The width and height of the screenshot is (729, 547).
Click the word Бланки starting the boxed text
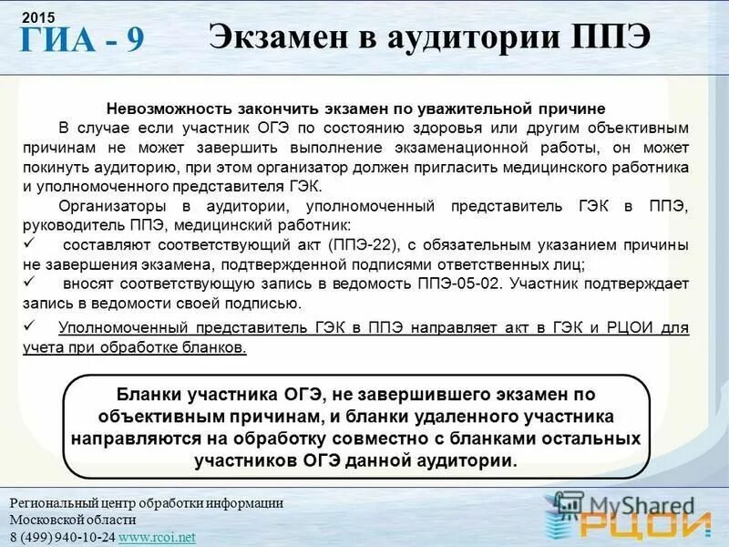point(149,395)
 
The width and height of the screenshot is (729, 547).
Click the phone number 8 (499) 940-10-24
point(62,537)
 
